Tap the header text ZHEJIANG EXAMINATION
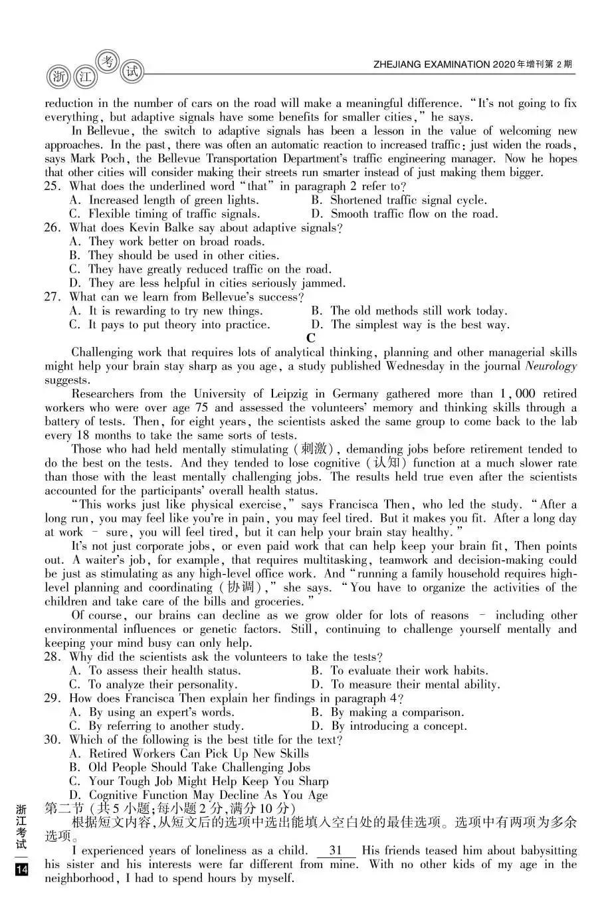(431, 64)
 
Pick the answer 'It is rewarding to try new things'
(166, 311)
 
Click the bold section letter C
(311, 338)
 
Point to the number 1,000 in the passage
(516, 394)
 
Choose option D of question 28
(405, 685)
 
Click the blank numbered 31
(336, 851)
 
